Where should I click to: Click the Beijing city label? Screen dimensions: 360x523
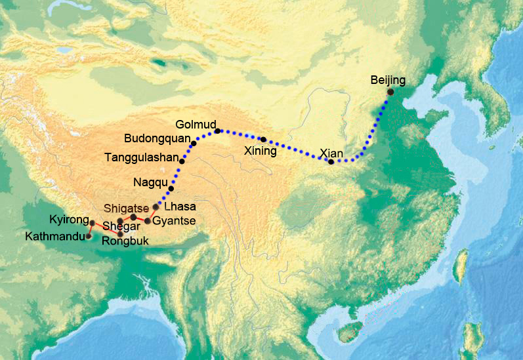coord(388,80)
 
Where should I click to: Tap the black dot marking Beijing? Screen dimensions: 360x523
coord(390,92)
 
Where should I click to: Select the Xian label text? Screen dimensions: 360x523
coord(331,153)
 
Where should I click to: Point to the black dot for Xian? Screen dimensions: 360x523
coord(331,162)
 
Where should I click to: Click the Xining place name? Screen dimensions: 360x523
coord(261,151)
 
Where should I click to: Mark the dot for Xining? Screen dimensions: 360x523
coord(263,139)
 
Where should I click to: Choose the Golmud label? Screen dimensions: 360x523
coord(194,124)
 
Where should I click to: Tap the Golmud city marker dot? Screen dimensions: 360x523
coord(217,130)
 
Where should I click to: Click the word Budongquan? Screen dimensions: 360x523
coord(156,138)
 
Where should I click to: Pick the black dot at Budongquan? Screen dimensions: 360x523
coord(194,143)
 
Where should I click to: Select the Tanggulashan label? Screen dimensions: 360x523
coord(141,157)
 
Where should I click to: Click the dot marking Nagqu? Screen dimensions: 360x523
coord(171,189)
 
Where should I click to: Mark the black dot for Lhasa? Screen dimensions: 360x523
coord(156,207)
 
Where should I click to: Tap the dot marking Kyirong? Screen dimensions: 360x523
coord(93,223)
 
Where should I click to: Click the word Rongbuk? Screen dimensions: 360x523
coord(125,241)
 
